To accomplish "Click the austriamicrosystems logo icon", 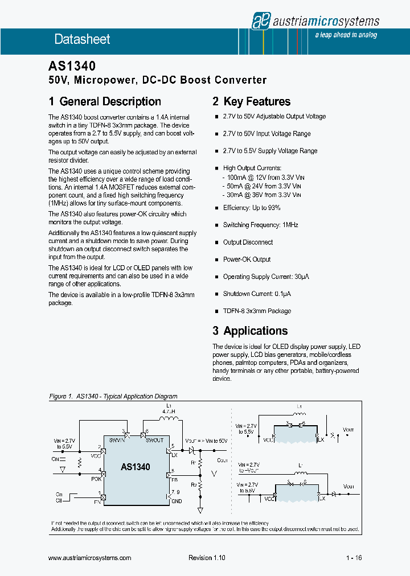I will click(260, 21).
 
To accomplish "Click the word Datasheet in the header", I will click(82, 39).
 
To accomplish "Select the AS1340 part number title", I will click(72, 67).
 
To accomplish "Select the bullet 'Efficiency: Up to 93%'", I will click(252, 208).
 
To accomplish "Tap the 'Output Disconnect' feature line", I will click(248, 242).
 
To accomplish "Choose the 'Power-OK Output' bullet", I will click(247, 260).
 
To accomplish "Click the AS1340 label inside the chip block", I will click(136, 467).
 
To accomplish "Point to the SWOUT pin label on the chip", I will click(154, 440).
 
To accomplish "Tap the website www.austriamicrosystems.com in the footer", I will click(90, 558).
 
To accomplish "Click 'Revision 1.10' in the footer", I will click(207, 558).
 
